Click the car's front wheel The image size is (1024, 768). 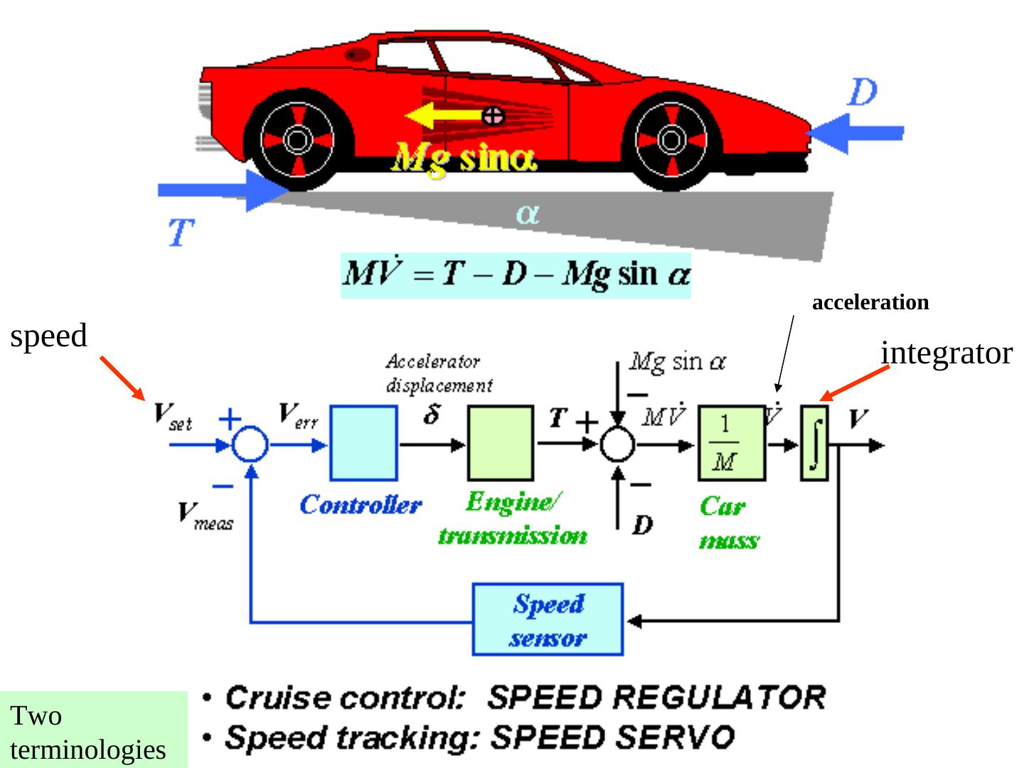coord(670,140)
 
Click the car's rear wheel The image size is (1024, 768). coord(297,140)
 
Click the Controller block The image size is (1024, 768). coord(363,443)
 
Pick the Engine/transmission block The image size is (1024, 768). coord(500,443)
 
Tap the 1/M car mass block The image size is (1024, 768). coord(731,443)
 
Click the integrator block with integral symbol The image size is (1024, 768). coord(815,443)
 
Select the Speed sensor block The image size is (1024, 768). coord(548,619)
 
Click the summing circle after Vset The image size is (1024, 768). coord(250,446)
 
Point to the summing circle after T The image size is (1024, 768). coord(617,446)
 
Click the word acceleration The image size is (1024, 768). coord(870,302)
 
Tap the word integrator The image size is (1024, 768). coord(946,353)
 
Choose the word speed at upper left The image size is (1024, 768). coord(48,336)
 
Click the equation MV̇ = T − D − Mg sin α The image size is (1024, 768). coord(516,274)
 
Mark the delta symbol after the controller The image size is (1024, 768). coord(432,415)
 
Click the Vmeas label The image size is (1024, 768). coord(205,515)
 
